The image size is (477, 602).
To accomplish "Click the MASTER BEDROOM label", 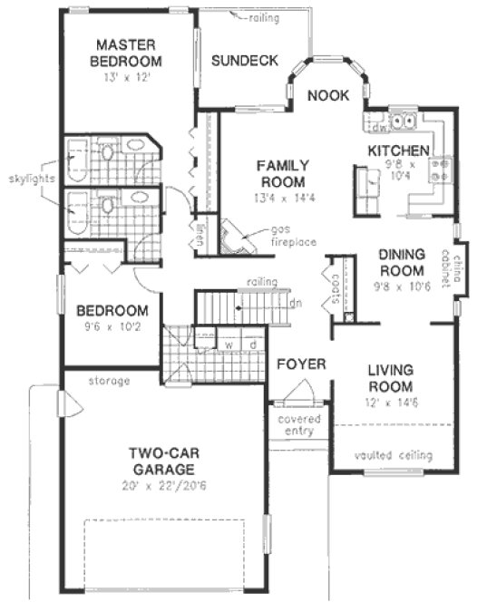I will pyautogui.click(x=128, y=53).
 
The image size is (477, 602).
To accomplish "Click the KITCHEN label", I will pyautogui.click(x=397, y=150).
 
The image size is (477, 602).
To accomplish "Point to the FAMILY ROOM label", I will pyautogui.click(x=282, y=172).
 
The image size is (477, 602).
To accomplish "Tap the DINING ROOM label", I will pyautogui.click(x=402, y=263).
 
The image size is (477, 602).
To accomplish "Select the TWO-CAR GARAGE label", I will pyautogui.click(x=161, y=461).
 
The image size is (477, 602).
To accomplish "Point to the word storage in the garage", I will pyautogui.click(x=110, y=380).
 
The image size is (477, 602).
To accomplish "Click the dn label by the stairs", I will pyautogui.click(x=296, y=302).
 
